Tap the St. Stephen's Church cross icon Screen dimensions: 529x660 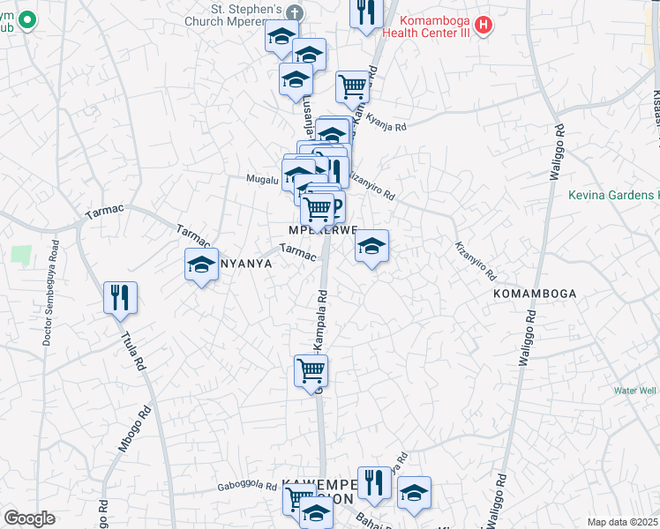point(295,14)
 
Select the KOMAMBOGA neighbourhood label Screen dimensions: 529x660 point(535,293)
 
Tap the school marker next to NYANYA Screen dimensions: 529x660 point(201,264)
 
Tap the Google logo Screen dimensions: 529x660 point(28,518)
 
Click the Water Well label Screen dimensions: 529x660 point(635,390)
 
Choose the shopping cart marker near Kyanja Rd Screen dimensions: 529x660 point(352,86)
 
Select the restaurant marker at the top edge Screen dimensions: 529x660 point(365,12)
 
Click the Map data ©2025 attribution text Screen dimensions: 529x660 point(622,522)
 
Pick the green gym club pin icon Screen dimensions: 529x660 point(26,19)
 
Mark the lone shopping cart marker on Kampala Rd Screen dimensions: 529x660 point(311,370)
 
